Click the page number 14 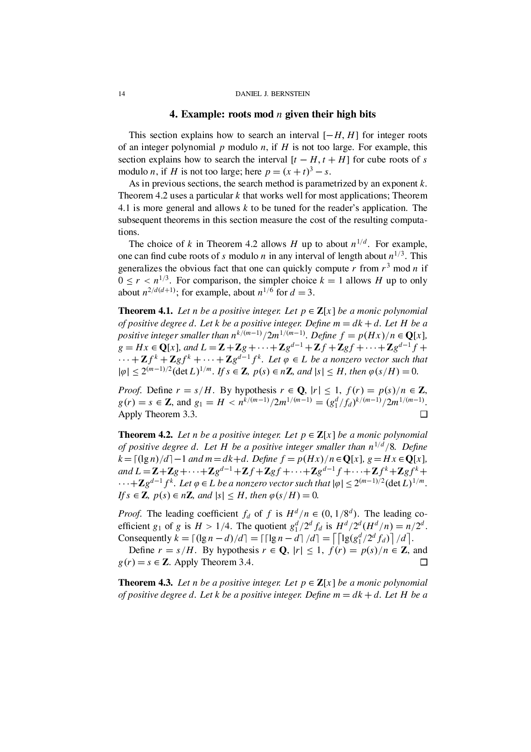122,94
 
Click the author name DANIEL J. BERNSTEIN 273,94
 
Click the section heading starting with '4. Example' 273,114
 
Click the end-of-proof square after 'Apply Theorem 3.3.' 424,415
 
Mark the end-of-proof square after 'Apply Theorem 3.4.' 424,562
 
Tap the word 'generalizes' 140,269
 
